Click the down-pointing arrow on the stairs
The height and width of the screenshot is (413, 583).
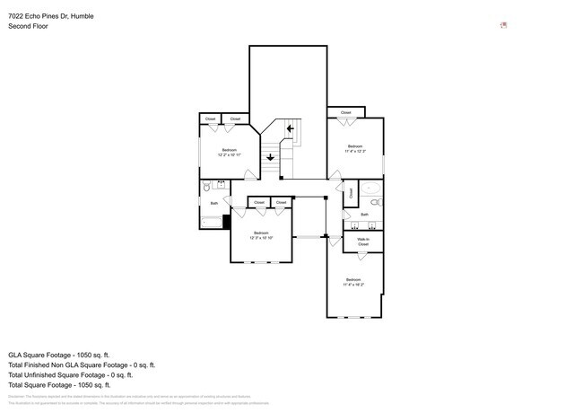270,157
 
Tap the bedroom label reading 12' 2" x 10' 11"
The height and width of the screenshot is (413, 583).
230,152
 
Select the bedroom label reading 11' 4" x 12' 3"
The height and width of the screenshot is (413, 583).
355,148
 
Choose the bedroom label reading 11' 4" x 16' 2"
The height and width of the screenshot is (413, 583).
354,282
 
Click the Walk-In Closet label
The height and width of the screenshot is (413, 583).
363,242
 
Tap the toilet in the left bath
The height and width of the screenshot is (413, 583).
206,188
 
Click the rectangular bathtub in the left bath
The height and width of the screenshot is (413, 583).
211,221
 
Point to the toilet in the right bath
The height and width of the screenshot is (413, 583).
378,204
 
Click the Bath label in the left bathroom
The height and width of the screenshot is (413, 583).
214,204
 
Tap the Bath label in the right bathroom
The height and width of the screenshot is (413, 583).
364,215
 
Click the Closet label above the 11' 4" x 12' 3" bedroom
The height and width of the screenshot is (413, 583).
345,112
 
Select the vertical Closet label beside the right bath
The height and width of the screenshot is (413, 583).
352,192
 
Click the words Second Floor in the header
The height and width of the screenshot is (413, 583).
28,27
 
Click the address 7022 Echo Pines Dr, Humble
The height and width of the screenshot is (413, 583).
50,16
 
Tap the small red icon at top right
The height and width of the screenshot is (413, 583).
504,25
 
